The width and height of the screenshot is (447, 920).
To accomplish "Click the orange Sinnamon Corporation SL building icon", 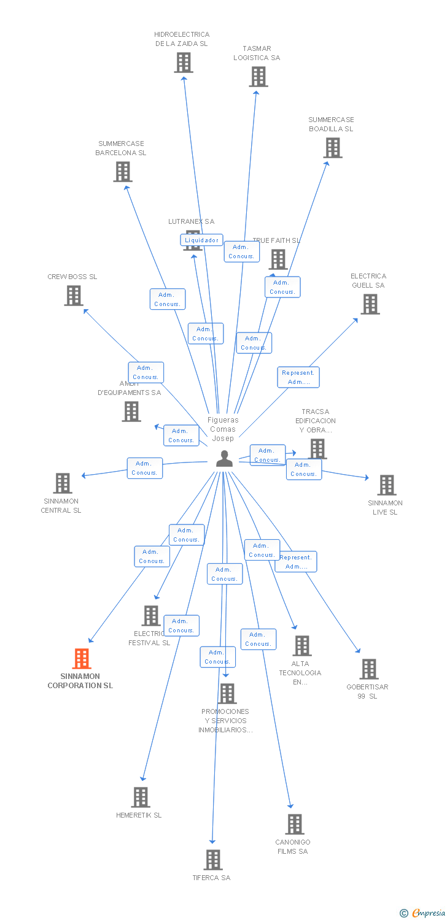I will tap(82, 659).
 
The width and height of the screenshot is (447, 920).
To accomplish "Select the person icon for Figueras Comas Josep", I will tap(224, 459).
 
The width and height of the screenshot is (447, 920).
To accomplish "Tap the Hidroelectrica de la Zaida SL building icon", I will tap(183, 63).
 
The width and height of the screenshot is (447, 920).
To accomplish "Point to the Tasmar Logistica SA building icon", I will tap(258, 77).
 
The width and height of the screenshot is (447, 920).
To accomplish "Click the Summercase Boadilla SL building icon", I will tap(333, 148).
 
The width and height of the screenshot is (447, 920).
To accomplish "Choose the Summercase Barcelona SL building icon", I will tap(123, 172).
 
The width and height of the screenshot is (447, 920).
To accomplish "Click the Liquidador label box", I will tap(201, 240).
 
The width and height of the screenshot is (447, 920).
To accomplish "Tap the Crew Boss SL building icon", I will tap(74, 296).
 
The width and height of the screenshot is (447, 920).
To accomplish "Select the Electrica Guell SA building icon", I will tap(370, 304).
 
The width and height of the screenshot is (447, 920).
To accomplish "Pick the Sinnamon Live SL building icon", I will tap(386, 485).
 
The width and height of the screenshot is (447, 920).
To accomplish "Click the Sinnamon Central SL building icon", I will tap(63, 483).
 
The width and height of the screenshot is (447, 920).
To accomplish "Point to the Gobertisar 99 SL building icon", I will tap(368, 669).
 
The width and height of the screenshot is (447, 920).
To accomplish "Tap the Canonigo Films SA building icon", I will tap(295, 824).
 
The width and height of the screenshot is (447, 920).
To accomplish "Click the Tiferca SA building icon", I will tap(213, 860).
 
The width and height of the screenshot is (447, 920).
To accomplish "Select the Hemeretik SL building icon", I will tap(141, 797).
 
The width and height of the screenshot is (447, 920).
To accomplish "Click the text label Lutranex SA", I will tap(192, 221).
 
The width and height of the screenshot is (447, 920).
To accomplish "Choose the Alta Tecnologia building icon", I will tap(301, 646).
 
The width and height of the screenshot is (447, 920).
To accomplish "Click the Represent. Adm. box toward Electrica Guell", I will tap(298, 377).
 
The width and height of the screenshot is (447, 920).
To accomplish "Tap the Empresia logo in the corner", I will tap(423, 913).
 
